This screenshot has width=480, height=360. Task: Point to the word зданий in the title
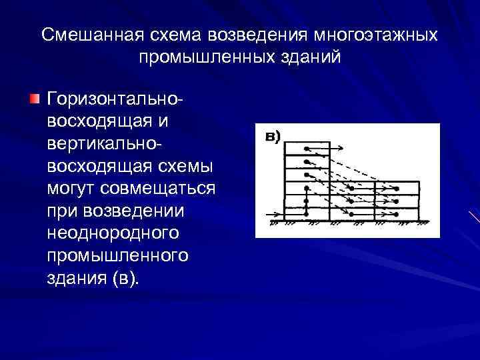pyautogui.click(x=314, y=57)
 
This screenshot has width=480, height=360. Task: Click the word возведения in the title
pyautogui.click(x=250, y=35)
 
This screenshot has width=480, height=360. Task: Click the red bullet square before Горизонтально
pyautogui.click(x=34, y=99)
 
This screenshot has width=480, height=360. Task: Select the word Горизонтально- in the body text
pyautogui.click(x=114, y=100)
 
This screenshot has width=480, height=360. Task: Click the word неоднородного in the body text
pyautogui.click(x=113, y=233)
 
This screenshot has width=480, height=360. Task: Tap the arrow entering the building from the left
pyautogui.click(x=273, y=214)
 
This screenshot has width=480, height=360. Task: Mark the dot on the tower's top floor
pyautogui.click(x=305, y=148)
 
